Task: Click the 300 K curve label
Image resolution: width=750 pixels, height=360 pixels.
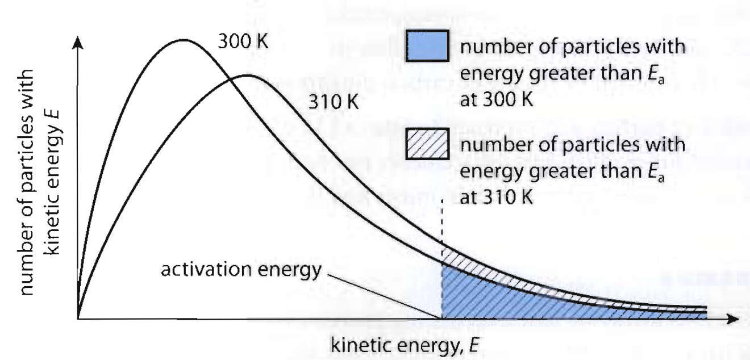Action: point(243,42)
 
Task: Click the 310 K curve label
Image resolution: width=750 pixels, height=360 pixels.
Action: point(334,102)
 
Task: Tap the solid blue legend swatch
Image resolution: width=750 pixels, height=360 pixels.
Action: point(428,46)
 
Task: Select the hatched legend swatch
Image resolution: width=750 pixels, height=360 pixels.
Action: point(428,144)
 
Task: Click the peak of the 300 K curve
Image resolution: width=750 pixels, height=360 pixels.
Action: point(184,40)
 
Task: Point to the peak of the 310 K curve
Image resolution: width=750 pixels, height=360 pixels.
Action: point(248,76)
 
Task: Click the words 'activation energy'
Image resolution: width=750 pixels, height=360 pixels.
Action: point(241,270)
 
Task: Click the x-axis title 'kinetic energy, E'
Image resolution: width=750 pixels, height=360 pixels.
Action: point(405,345)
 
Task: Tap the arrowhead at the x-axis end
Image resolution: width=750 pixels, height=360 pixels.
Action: point(734,319)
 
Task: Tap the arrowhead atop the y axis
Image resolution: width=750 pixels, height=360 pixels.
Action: point(78,43)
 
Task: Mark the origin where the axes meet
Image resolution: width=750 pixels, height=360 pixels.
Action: point(78,319)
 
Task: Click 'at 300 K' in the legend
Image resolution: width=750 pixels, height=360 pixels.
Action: point(496,100)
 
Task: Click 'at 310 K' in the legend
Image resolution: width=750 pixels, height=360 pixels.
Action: point(496,198)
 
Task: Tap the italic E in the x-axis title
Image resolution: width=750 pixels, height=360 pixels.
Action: point(473,345)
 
